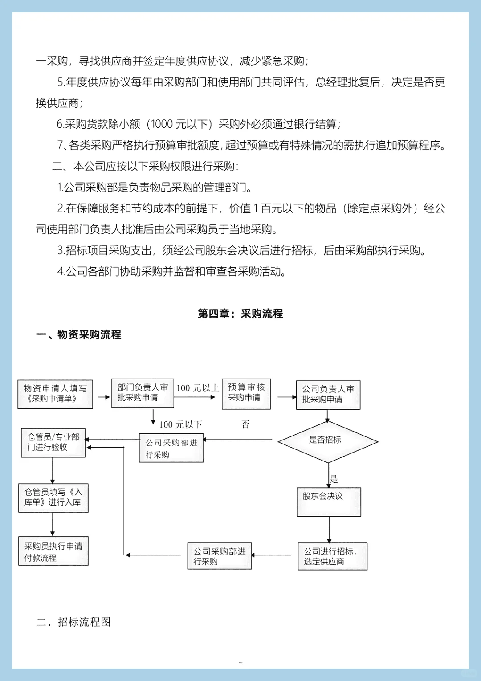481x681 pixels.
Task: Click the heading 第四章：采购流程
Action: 240,314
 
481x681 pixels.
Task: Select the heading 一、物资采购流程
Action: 78,334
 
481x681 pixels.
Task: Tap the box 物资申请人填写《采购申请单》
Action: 55,394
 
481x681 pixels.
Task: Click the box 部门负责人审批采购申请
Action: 143,393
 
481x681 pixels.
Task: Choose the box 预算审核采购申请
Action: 246,393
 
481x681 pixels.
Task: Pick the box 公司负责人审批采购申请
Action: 328,395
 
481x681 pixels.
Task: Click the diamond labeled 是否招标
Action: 327,441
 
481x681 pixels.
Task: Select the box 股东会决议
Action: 329,502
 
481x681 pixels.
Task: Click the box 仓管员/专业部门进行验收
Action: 53,443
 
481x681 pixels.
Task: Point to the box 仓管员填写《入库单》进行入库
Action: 53,497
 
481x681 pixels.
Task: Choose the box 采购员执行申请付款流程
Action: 53,551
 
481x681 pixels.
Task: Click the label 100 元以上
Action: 198,388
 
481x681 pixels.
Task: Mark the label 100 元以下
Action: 180,424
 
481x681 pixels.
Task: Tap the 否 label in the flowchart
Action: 245,424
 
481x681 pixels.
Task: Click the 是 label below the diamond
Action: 334,479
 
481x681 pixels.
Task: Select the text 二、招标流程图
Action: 73,622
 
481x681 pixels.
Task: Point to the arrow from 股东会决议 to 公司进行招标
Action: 329,529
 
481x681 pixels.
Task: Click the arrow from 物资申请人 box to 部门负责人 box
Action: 103,396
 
